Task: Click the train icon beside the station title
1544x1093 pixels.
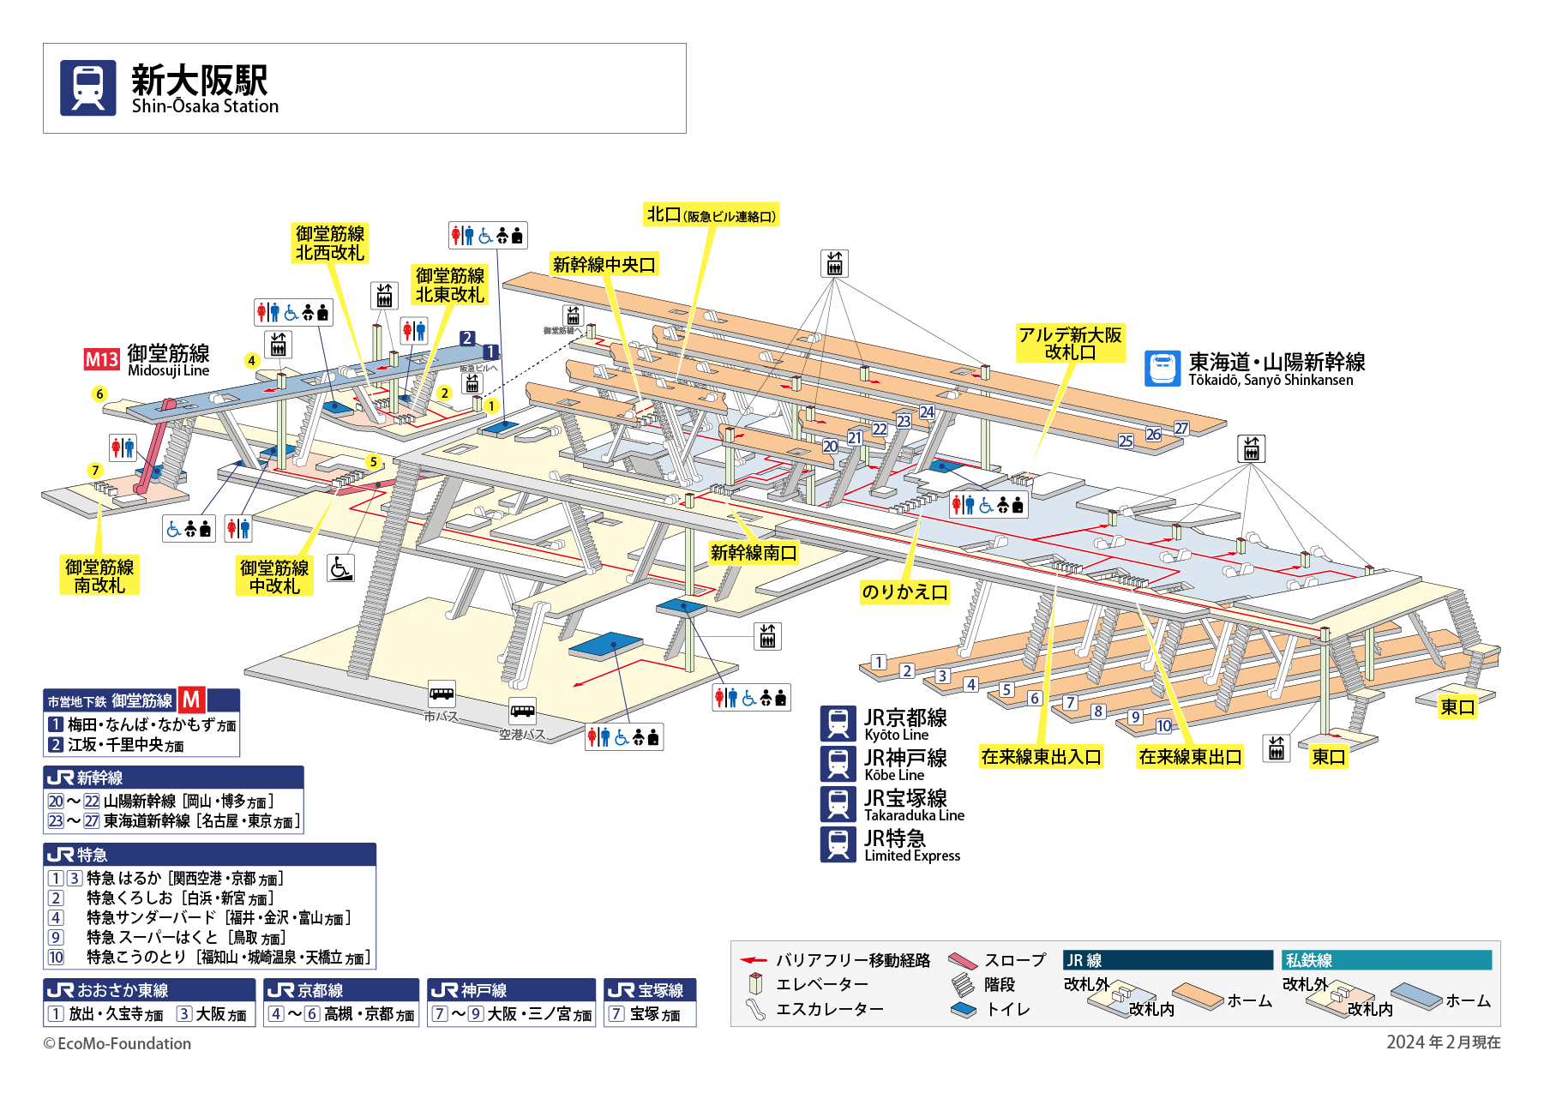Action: click(87, 87)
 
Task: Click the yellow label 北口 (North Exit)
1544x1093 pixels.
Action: click(711, 215)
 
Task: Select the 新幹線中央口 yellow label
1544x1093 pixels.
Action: click(604, 265)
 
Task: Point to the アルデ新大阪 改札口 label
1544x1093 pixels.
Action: click(1070, 343)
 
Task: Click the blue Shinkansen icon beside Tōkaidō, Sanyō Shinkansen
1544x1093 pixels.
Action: click(1163, 369)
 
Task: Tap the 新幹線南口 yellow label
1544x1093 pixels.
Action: click(754, 553)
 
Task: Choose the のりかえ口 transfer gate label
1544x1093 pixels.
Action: click(904, 592)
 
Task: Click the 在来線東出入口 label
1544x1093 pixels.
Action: click(1041, 757)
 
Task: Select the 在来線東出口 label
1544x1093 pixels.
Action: click(1190, 757)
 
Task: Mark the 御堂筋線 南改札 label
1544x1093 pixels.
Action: click(99, 576)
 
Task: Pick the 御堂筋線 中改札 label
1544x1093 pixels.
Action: click(274, 577)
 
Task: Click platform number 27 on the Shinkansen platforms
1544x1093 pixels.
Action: click(1181, 429)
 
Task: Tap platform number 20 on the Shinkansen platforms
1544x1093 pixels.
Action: click(830, 447)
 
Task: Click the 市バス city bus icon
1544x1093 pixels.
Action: click(442, 693)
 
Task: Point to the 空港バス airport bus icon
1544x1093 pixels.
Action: click(522, 711)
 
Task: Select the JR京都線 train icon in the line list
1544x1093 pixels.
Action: click(838, 724)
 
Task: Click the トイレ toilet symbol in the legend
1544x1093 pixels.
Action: click(964, 1010)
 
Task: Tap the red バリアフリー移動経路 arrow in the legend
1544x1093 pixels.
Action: click(754, 960)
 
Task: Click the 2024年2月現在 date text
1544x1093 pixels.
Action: click(1443, 1042)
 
